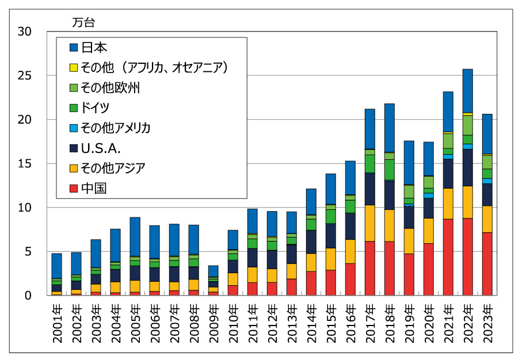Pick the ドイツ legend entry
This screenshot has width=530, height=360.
click(x=95, y=108)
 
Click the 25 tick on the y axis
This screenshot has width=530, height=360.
click(x=25, y=76)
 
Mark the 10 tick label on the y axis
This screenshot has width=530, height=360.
click(x=25, y=208)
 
